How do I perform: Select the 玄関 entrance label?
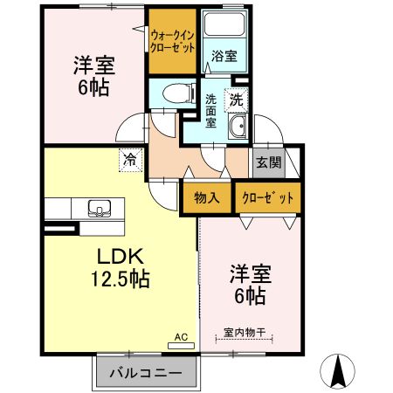(266, 161)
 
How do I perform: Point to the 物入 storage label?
(207, 197)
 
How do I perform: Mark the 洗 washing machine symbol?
(236, 99)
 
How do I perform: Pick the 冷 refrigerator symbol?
(130, 159)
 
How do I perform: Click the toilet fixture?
(175, 91)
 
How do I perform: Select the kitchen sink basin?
(99, 209)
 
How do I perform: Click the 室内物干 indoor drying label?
(244, 331)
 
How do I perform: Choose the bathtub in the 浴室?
(223, 28)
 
